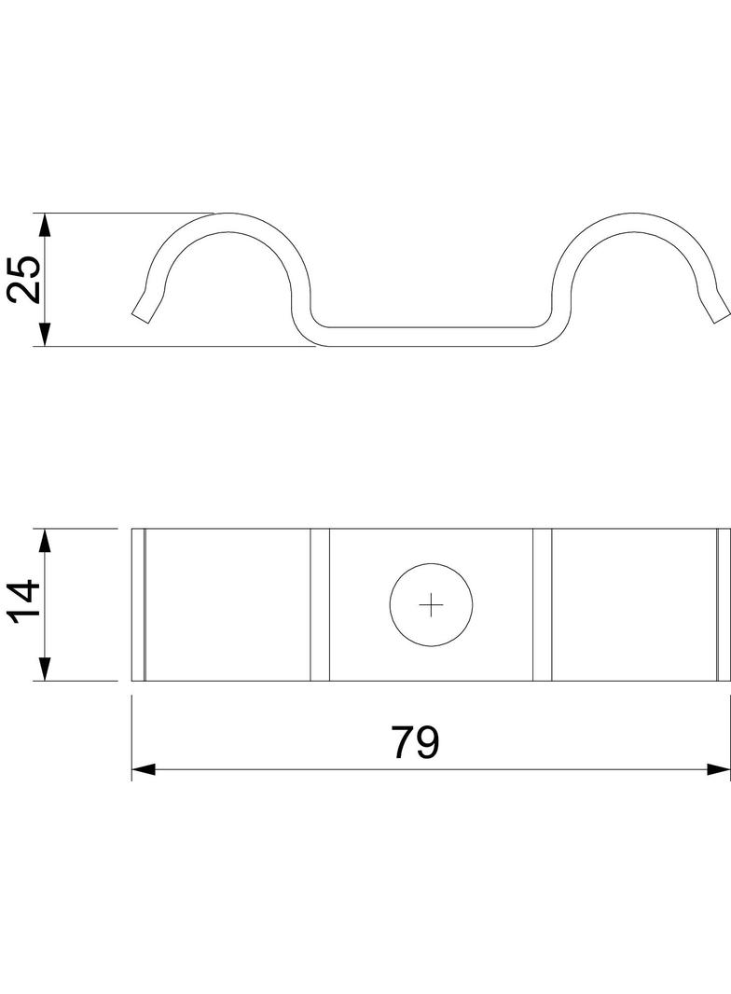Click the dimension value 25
tap(24, 279)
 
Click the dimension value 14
tap(24, 604)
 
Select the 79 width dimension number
tap(415, 742)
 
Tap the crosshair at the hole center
tap(431, 605)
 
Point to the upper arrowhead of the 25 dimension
tap(44, 225)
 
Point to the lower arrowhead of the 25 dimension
tap(44, 334)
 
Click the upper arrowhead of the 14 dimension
tap(44, 541)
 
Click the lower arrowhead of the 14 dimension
tap(44, 669)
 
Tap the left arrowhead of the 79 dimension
tap(144, 769)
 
